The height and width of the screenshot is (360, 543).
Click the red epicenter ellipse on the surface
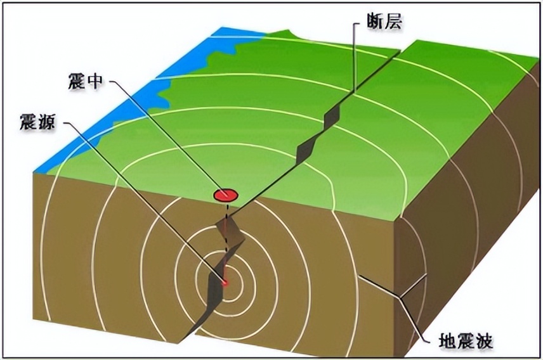tap(225, 195)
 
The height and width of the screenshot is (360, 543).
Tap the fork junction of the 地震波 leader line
tap(399, 295)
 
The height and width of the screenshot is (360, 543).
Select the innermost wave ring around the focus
tap(225, 283)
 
